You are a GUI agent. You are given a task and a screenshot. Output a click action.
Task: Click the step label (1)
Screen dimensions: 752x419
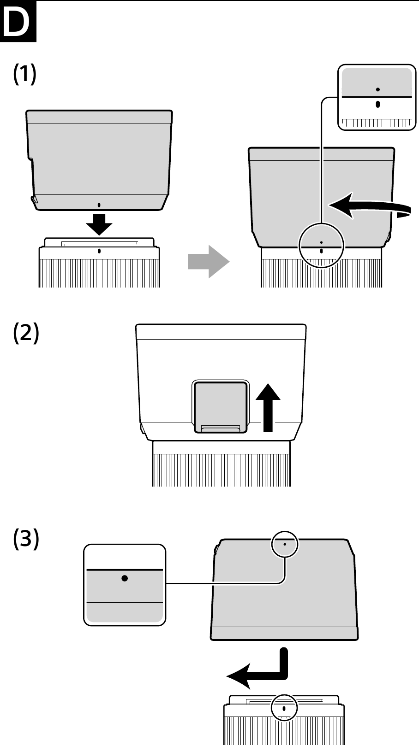coord(25,74)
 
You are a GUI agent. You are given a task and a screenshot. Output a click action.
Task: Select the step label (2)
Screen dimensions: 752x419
coord(26,333)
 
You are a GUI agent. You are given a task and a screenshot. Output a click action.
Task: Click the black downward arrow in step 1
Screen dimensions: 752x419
coord(99,223)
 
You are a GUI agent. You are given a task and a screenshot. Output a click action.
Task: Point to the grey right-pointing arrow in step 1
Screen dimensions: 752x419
coord(208,261)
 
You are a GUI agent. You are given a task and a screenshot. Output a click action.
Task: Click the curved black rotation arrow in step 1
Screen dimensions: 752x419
coord(369,206)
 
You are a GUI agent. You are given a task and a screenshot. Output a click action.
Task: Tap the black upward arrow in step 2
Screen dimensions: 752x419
coord(268,407)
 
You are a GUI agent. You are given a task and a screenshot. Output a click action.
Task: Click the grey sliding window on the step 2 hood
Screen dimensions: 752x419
coord(221,406)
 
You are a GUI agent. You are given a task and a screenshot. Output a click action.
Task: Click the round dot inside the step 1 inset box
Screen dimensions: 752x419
coord(378,89)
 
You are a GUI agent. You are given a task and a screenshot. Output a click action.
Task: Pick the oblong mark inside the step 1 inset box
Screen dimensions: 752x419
coord(378,104)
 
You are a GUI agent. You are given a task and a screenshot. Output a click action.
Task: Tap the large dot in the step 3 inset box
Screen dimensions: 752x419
coord(125,578)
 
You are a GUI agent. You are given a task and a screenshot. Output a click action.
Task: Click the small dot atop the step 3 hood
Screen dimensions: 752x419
coord(285,544)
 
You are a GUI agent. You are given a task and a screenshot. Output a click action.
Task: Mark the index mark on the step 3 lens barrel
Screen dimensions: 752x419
coord(284,708)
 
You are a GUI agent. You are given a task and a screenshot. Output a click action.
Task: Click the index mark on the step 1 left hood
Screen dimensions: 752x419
coord(99,204)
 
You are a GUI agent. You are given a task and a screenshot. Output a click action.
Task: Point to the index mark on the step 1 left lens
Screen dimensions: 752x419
coord(99,251)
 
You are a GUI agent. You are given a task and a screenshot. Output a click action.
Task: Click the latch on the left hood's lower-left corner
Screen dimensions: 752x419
coord(34,199)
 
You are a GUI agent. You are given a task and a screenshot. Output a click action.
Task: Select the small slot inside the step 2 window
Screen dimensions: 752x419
coord(221,429)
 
